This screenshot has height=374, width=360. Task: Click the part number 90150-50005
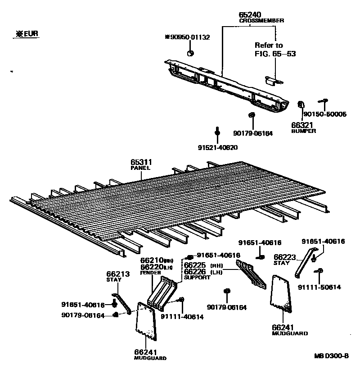pyautogui.click(x=325, y=114)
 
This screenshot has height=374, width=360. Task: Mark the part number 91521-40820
pyautogui.click(x=217, y=147)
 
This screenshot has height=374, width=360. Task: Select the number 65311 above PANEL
pyautogui.click(x=141, y=162)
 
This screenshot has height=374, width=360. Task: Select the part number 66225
pyautogui.click(x=194, y=265)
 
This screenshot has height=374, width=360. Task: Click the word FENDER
pyautogui.click(x=148, y=273)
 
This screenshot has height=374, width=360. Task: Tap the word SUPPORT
pyautogui.click(x=197, y=278)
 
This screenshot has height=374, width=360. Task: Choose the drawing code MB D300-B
pyautogui.click(x=332, y=356)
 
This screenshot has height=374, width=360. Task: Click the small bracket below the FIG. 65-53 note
pyautogui.click(x=274, y=80)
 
